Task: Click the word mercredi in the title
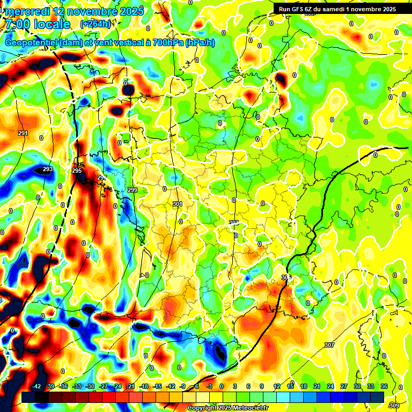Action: click(x=27, y=11)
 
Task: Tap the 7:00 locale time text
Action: click(x=36, y=24)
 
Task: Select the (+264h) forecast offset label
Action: click(x=95, y=24)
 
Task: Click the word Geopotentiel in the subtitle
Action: click(x=32, y=43)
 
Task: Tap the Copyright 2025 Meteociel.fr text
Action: click(x=227, y=408)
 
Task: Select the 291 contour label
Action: click(x=23, y=133)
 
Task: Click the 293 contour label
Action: click(x=48, y=169)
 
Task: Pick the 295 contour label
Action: click(x=77, y=171)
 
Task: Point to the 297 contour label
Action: click(x=102, y=178)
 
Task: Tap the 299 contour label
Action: click(x=133, y=190)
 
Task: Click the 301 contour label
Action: click(x=178, y=204)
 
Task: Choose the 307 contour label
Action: click(x=329, y=345)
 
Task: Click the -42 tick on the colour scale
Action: click(x=37, y=386)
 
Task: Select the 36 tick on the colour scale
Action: click(x=384, y=386)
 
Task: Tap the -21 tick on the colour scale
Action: click(x=130, y=386)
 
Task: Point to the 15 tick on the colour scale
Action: click(x=290, y=386)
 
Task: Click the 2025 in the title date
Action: click(x=130, y=11)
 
